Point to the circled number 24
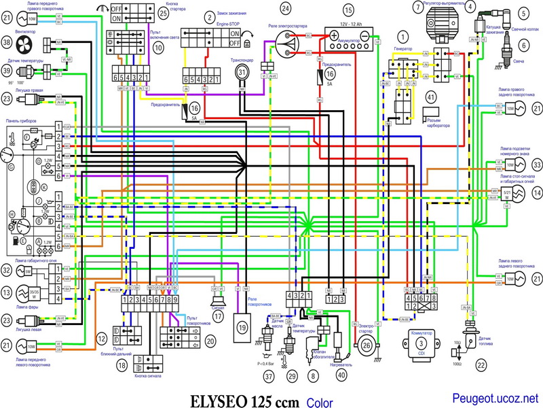(x=285, y=8)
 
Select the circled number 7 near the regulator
(x=417, y=7)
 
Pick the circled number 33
(x=537, y=165)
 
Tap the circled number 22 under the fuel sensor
(x=481, y=365)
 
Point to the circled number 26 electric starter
(x=367, y=345)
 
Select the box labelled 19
(x=241, y=327)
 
